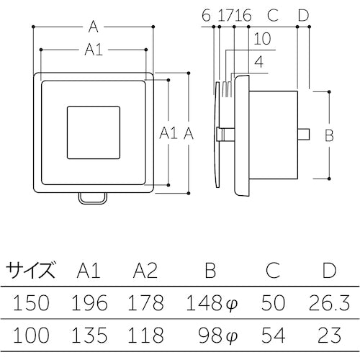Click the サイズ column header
point(30,271)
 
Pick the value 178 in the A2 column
point(146,302)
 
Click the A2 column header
point(146,271)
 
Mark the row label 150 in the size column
point(30,302)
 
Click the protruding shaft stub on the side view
point(305,134)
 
